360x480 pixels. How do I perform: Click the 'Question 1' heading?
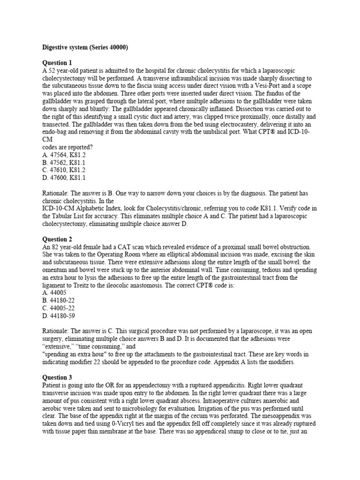tap(57, 62)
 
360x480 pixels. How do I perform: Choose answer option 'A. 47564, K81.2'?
tap(64, 154)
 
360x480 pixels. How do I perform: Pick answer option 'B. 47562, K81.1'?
tap(64, 162)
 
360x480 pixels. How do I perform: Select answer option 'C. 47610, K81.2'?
tap(64, 170)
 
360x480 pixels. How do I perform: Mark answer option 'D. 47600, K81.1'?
tap(64, 178)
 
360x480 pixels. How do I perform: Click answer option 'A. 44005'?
tap(54, 292)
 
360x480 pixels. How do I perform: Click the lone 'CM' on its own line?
tap(48, 139)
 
